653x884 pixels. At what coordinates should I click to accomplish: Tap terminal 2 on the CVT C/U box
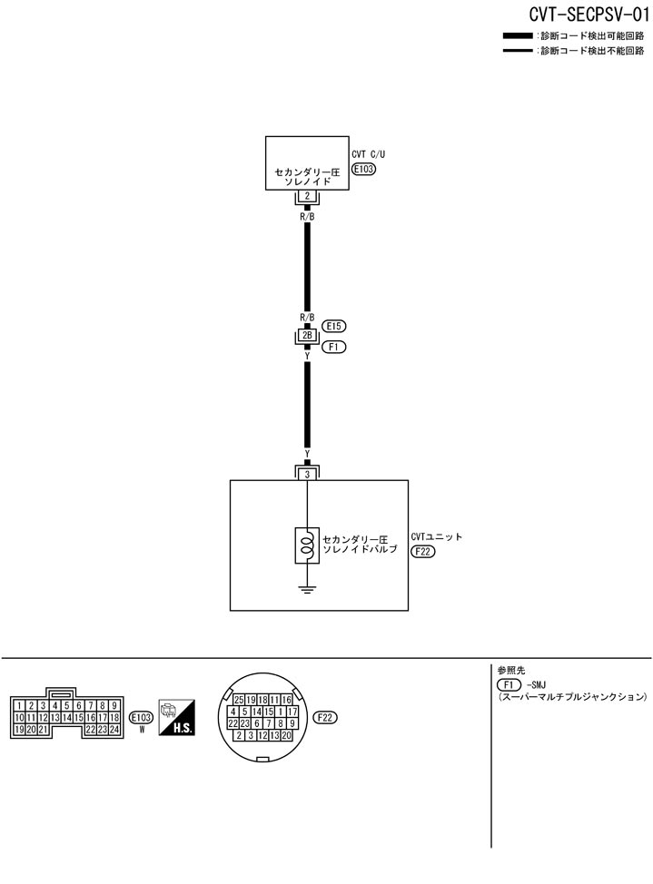(x=308, y=196)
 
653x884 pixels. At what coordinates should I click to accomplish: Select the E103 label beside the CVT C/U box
(x=363, y=169)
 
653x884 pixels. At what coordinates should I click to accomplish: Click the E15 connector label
(x=335, y=325)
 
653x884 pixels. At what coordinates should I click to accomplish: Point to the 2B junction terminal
(x=308, y=335)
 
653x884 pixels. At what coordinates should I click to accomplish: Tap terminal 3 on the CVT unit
(x=308, y=474)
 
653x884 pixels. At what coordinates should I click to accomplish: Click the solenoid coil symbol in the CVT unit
(x=308, y=545)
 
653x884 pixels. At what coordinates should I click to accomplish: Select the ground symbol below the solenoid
(x=308, y=590)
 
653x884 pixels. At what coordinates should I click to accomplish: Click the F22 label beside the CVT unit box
(x=423, y=551)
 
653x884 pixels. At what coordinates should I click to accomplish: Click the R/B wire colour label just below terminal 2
(x=308, y=218)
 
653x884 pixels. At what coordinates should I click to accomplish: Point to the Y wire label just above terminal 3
(x=308, y=453)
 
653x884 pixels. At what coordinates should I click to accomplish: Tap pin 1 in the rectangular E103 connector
(x=19, y=705)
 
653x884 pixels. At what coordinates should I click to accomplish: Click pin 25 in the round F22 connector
(x=238, y=700)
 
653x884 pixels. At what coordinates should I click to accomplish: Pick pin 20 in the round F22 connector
(x=286, y=735)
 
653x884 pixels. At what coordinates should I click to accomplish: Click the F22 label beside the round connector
(x=325, y=717)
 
